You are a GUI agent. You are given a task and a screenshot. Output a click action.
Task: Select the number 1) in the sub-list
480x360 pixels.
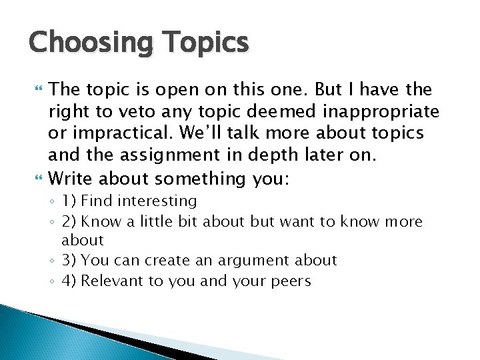pyautogui.click(x=69, y=201)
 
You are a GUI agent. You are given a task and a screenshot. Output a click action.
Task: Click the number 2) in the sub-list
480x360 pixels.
pyautogui.click(x=70, y=221)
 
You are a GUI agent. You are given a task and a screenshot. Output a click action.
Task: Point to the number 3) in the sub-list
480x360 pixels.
pyautogui.click(x=70, y=260)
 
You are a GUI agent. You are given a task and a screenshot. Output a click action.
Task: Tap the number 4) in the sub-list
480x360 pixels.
pyautogui.click(x=70, y=281)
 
